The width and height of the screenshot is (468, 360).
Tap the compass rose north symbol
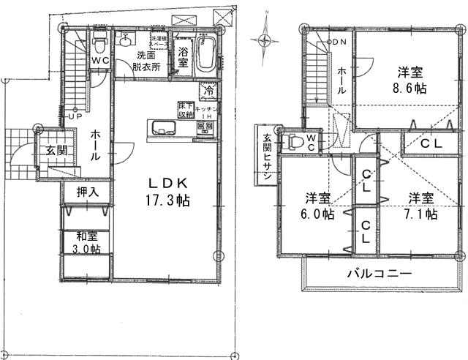(265, 38)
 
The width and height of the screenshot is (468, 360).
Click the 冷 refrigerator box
(209, 91)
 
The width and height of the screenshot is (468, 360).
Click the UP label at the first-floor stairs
(75, 116)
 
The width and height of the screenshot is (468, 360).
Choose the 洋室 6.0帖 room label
(320, 206)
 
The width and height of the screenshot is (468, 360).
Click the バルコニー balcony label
(379, 272)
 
